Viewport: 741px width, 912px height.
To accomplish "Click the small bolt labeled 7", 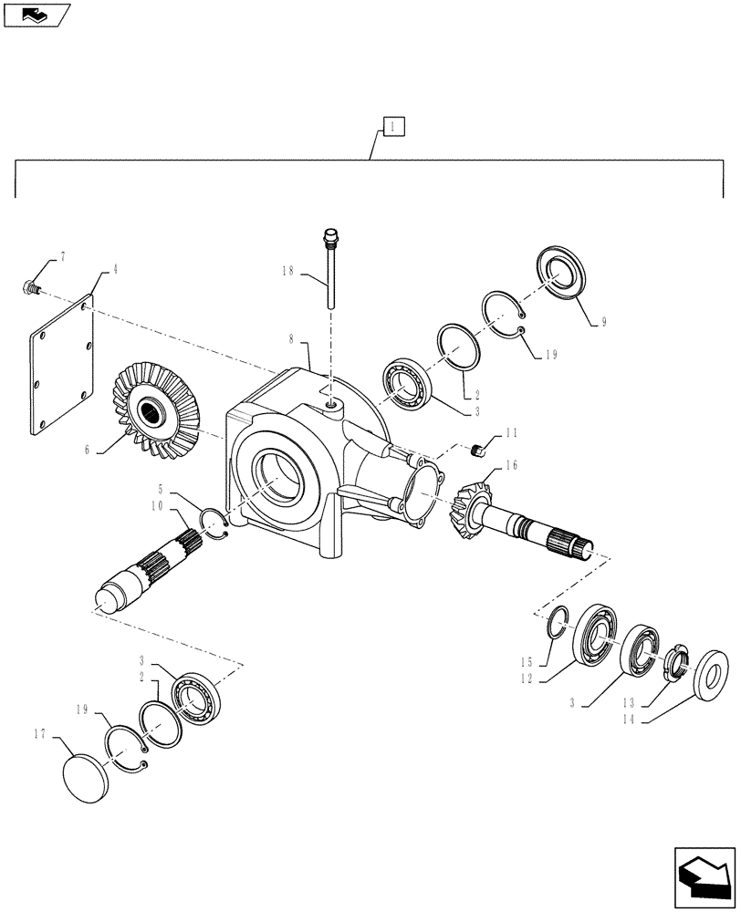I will click(30, 285).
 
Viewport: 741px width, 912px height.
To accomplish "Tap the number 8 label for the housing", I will click(291, 338).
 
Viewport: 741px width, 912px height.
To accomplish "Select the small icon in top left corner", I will click(37, 15).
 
